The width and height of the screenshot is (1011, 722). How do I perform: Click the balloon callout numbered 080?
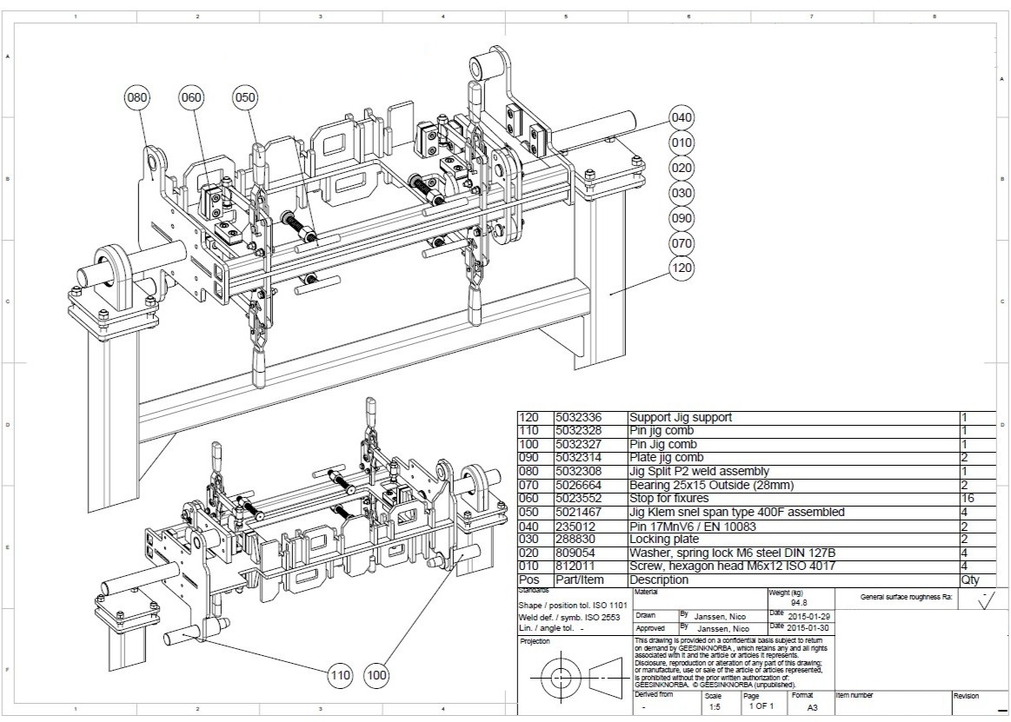click(x=137, y=97)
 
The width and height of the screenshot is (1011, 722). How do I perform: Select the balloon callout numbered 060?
click(x=191, y=97)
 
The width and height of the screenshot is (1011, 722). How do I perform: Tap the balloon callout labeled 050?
click(x=245, y=97)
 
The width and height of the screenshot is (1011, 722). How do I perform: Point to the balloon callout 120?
click(x=682, y=268)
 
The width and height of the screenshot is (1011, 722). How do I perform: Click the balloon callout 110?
click(x=340, y=673)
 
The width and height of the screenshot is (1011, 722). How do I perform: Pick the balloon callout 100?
click(x=376, y=673)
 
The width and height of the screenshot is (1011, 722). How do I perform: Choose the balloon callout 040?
click(x=682, y=117)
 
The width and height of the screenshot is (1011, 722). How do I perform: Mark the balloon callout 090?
click(x=682, y=218)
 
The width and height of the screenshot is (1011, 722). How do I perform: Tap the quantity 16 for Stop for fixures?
click(x=968, y=499)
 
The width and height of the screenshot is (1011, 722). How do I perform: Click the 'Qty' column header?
click(x=970, y=580)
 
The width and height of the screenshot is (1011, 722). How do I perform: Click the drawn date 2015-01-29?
click(x=809, y=614)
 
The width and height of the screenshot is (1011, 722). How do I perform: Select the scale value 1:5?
click(x=715, y=707)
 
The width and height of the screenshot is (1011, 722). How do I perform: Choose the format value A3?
click(x=812, y=707)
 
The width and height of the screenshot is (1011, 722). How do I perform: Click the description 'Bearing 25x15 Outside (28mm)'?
click(x=711, y=485)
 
